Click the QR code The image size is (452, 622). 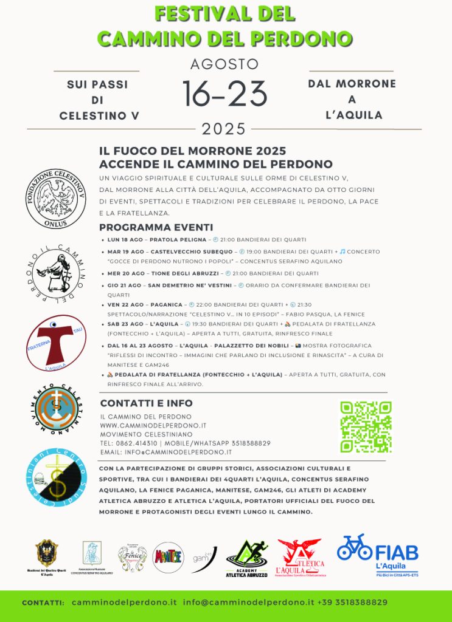point(366,427)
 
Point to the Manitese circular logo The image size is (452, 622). point(168,558)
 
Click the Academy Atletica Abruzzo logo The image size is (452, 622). point(247,558)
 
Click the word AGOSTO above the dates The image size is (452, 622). point(224,64)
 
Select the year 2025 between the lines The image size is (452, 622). point(224,129)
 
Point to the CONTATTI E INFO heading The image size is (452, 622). point(146,403)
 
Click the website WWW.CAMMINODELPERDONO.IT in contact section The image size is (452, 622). point(153,425)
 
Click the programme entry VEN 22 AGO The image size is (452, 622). point(125,304)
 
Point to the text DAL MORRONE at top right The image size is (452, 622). point(352,84)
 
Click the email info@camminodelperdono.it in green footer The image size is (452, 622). point(248,602)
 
